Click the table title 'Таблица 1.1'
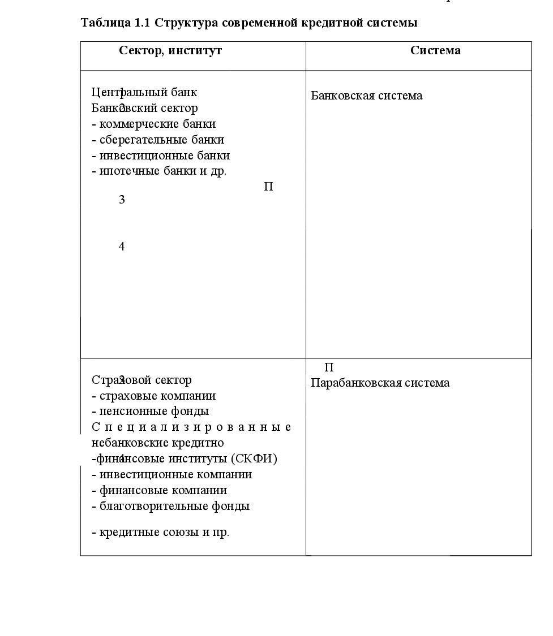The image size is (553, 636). coord(115,23)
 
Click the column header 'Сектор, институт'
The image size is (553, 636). coord(170,50)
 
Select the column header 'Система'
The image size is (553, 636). coord(435,50)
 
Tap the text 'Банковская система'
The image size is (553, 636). coord(366,96)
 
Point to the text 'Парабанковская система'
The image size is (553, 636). coord(380,383)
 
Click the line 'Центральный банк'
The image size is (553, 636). coord(144,92)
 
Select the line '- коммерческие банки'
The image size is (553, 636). coord(153,124)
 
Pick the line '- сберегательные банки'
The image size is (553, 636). coord(158,140)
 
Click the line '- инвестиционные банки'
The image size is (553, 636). coord(161,155)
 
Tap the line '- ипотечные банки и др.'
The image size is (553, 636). coord(159,171)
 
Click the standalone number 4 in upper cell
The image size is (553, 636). coord(122,246)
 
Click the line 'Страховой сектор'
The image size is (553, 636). coord(142,380)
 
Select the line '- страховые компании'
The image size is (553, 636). coord(153,396)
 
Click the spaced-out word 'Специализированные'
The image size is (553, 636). coord(191,427)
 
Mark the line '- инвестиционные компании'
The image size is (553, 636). coord(172,474)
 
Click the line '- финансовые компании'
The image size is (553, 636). coord(159,490)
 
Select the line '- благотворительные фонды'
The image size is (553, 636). coord(170,506)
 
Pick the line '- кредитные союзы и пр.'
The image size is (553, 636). coord(160,533)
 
